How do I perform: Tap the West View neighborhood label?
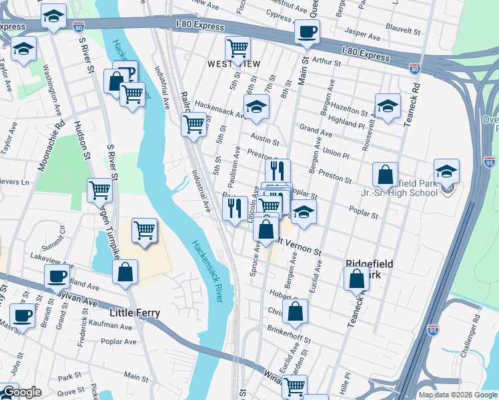[233, 63]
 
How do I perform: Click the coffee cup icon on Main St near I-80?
[307, 33]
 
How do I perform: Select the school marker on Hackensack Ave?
[256, 107]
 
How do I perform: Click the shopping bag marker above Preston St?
[385, 176]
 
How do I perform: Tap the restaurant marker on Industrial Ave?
[235, 208]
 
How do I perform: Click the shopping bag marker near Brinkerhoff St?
[295, 311]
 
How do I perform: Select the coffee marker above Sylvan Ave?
[57, 276]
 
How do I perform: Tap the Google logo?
[22, 392]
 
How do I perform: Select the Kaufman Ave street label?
[109, 326]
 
